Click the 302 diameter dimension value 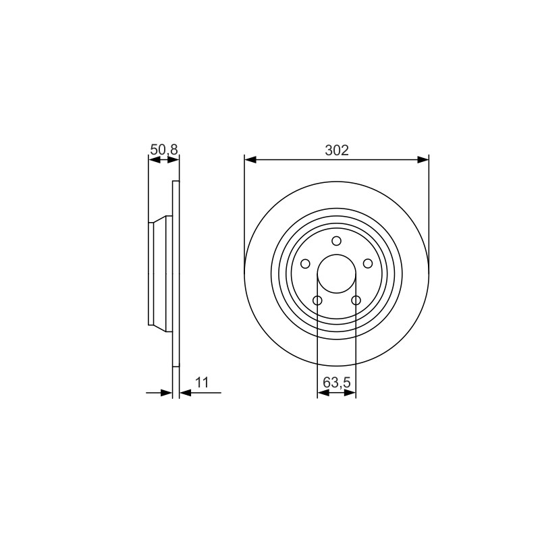pyautogui.click(x=337, y=150)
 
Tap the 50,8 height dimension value pyautogui.click(x=164, y=149)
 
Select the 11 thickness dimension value pyautogui.click(x=202, y=382)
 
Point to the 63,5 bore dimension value pyautogui.click(x=336, y=382)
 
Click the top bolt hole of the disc pyautogui.click(x=336, y=241)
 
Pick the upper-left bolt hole pyautogui.click(x=305, y=264)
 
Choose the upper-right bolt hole pyautogui.click(x=368, y=264)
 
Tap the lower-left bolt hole pyautogui.click(x=317, y=300)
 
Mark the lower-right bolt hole pyautogui.click(x=356, y=300)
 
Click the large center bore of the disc pyautogui.click(x=336, y=274)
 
